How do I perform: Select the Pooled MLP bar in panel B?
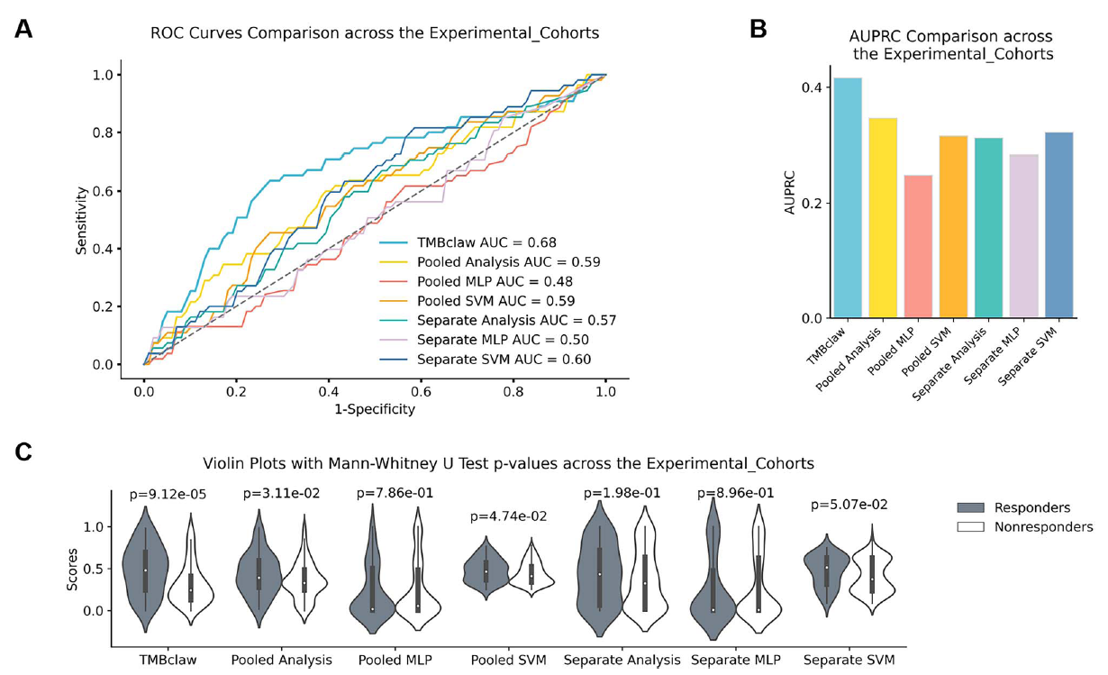pyautogui.click(x=918, y=247)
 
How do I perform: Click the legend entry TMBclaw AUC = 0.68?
pyautogui.click(x=486, y=242)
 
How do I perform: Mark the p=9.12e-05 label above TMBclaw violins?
pyautogui.click(x=167, y=493)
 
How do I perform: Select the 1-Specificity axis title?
pyautogui.click(x=374, y=409)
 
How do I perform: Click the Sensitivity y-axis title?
pyautogui.click(x=82, y=220)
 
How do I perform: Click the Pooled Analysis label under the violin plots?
pyautogui.click(x=281, y=660)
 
